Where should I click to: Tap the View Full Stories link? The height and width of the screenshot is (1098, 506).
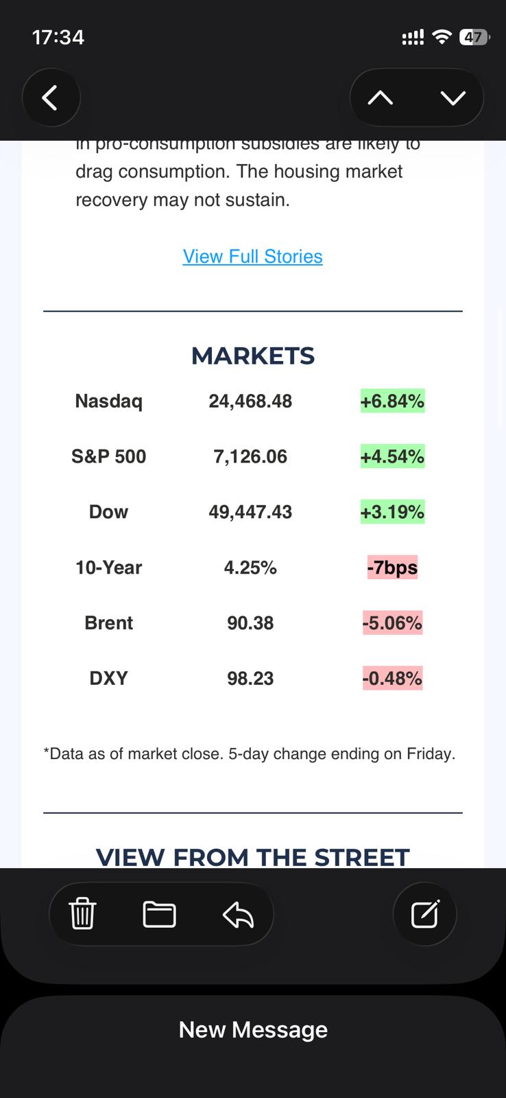point(252,256)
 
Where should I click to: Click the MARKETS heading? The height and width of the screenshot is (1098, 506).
point(252,355)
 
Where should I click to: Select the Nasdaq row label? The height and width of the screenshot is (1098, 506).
point(108,401)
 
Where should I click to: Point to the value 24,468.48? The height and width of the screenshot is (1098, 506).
point(250,401)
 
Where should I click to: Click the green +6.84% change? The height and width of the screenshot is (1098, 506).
point(392,401)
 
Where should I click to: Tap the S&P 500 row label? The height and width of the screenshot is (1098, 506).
point(108,456)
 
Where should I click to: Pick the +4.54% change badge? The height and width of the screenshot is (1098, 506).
point(392,456)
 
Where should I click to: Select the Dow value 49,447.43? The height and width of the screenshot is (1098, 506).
point(250,512)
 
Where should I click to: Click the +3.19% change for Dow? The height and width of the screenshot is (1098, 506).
point(392,512)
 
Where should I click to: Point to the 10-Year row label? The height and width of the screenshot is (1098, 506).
point(108,568)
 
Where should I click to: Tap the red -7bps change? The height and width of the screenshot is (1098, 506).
point(392,568)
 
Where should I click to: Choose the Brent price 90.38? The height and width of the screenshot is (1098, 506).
point(250,623)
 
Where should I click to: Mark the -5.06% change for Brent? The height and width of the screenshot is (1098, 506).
point(392,623)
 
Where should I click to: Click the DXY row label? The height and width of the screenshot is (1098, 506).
point(108,679)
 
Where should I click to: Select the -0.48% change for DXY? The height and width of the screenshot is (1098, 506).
point(392,679)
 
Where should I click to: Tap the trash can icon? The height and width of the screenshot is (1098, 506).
point(82,914)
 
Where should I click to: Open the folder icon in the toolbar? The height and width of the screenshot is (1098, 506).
point(159,914)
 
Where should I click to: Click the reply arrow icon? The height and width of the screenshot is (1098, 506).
point(238,914)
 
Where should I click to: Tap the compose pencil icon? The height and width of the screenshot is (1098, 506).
point(424,914)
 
